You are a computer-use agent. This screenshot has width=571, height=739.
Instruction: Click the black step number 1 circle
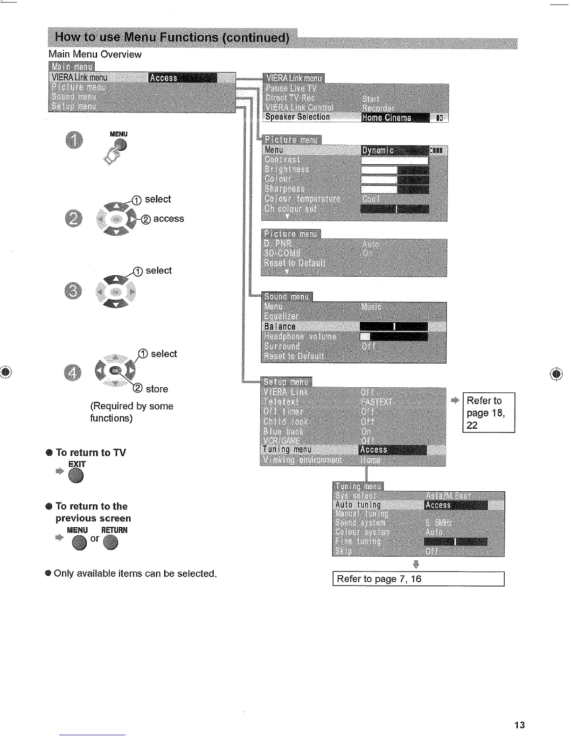click(75, 141)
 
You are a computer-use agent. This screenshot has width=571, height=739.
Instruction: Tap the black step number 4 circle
click(72, 372)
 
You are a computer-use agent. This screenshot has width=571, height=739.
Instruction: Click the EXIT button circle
click(76, 476)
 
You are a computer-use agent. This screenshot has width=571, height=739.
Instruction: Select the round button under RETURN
click(111, 543)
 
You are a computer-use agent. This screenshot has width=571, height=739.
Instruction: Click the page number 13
click(519, 725)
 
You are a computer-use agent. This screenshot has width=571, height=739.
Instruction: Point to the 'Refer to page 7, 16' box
click(418, 579)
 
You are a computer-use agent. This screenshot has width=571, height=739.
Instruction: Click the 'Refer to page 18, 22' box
click(488, 413)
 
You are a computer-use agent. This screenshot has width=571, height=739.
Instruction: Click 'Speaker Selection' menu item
click(298, 117)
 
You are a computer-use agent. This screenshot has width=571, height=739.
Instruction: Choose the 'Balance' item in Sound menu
click(280, 327)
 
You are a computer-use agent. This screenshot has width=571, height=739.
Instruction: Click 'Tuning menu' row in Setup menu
click(287, 450)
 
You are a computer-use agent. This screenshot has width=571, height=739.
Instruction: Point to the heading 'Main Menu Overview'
click(95, 55)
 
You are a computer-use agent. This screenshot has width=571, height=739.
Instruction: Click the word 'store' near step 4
click(157, 389)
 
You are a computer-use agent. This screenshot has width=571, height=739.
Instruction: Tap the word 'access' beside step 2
click(168, 219)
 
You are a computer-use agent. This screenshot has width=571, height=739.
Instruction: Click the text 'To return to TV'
click(91, 453)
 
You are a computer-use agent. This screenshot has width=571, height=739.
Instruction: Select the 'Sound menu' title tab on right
click(286, 297)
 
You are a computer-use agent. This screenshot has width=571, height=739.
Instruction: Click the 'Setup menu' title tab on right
click(286, 382)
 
